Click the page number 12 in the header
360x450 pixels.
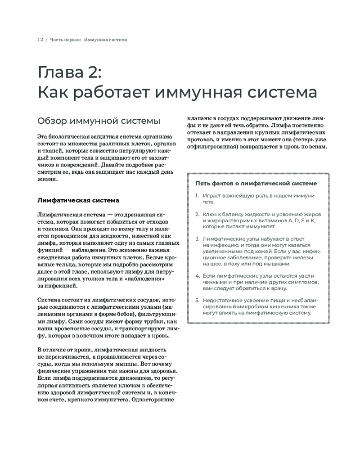[40, 40]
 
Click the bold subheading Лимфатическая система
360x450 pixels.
[78, 200]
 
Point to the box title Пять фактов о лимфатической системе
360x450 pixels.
[256, 183]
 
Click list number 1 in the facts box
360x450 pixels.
[197, 196]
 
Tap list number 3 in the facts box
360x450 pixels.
[197, 238]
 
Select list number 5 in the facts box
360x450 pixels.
[197, 300]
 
